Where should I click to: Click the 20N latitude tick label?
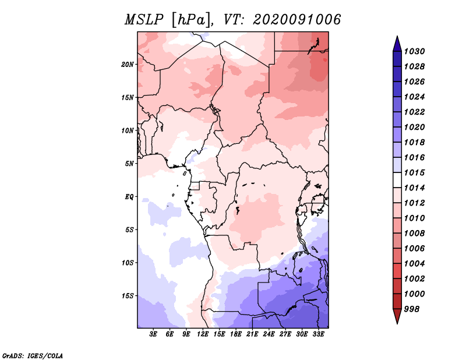[128, 65]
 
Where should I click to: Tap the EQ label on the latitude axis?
[129, 197]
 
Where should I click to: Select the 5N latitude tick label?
[129, 164]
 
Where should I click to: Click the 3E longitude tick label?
[153, 334]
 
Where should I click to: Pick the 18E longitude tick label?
[236, 334]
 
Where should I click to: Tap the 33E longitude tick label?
[318, 334]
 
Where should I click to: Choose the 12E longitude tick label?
[203, 334]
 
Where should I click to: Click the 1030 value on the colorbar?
[414, 51]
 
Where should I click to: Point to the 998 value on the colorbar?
[412, 309]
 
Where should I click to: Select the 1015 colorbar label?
[414, 172]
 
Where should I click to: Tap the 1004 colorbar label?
[414, 264]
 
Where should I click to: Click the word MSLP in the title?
[144, 20]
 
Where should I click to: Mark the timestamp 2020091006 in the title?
[297, 20]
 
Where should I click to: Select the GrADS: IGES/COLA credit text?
[33, 355]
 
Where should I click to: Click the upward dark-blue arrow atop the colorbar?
[397, 44]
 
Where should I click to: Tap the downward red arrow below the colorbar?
[397, 316]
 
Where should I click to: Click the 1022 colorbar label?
[414, 112]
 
